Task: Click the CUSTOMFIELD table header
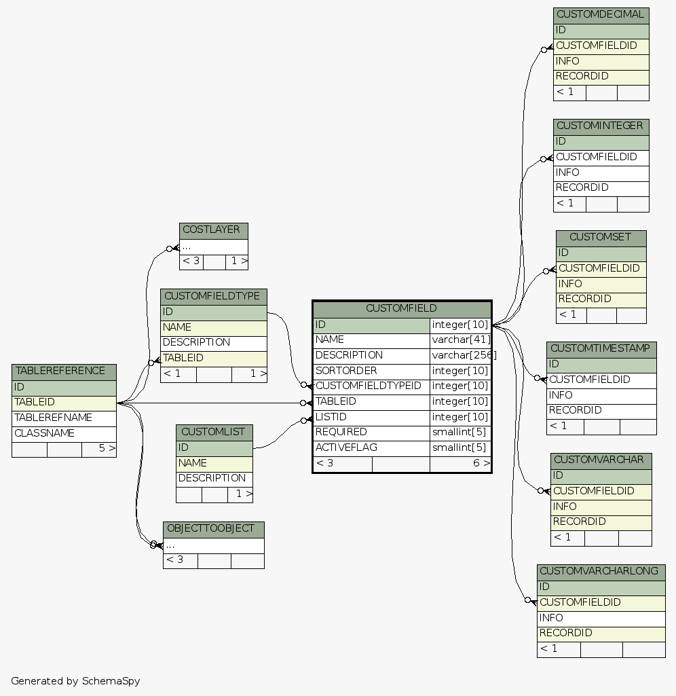(x=401, y=309)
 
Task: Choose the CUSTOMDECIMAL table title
(x=601, y=15)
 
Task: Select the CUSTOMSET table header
(x=601, y=238)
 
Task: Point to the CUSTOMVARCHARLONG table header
(x=601, y=572)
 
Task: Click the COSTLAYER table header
(x=213, y=230)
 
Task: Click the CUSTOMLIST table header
(x=214, y=433)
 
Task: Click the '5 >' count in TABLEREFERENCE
(x=99, y=449)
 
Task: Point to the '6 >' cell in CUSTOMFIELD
(x=461, y=464)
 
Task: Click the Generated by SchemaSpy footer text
(x=75, y=681)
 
